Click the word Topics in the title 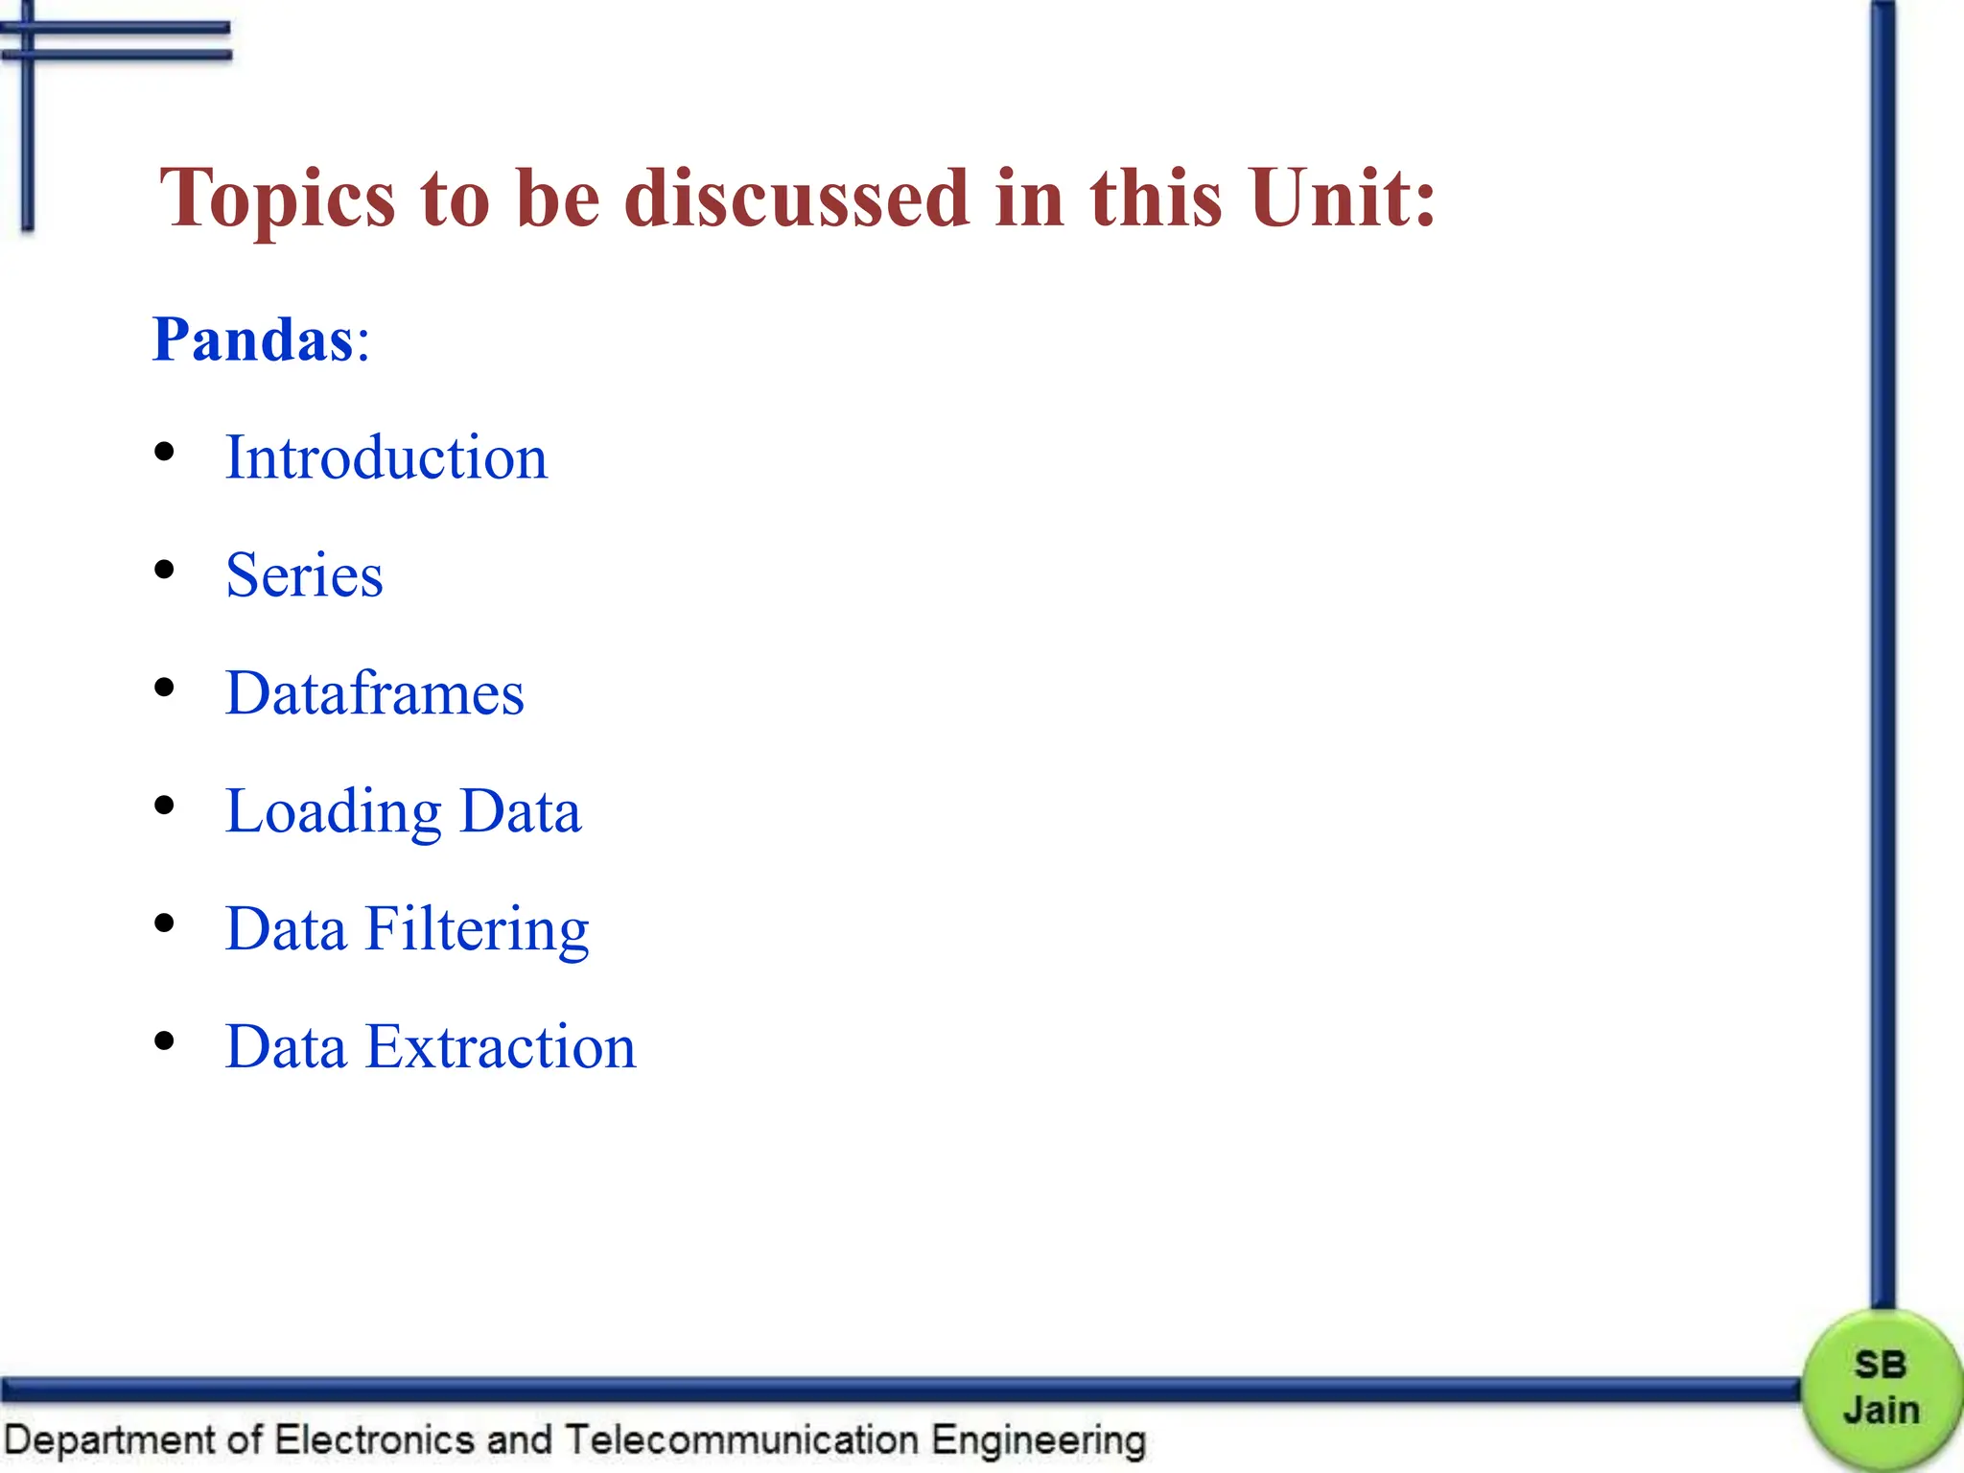[x=277, y=199]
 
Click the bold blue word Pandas [x=253, y=339]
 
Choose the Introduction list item [x=386, y=457]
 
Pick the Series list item [x=304, y=575]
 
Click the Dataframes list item [x=374, y=693]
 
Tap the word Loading [x=333, y=812]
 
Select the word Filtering [x=477, y=929]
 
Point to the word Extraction [x=501, y=1046]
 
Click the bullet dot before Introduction [x=165, y=452]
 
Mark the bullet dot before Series [x=165, y=570]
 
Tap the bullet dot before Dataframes [x=165, y=688]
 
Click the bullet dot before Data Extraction [x=165, y=1040]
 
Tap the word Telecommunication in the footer [x=740, y=1440]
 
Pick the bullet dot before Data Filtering [x=165, y=924]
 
